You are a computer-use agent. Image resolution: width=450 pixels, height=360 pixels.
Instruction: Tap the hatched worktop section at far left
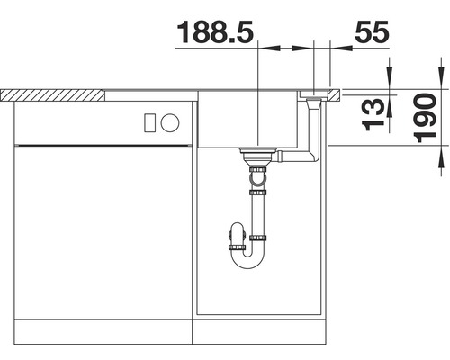[x=54, y=93]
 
